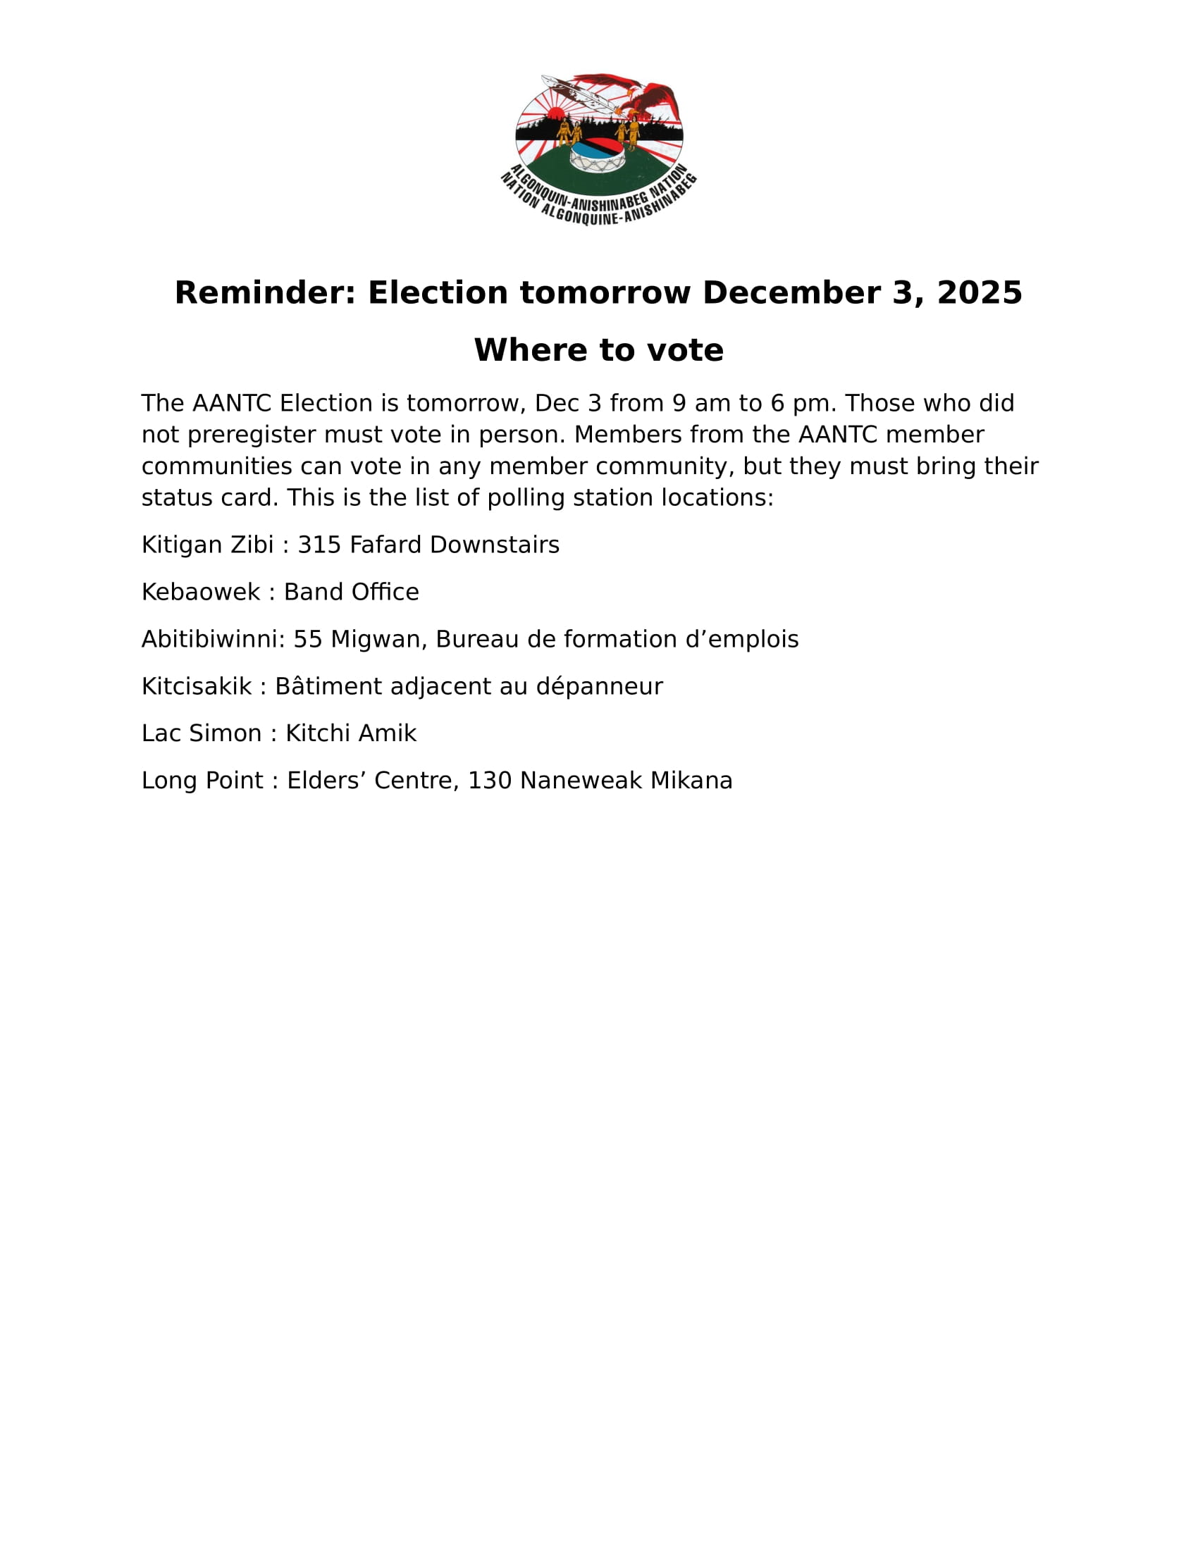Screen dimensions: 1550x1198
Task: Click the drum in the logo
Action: click(598, 156)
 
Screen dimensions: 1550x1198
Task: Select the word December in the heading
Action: click(791, 292)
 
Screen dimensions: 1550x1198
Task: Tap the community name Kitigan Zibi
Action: click(207, 545)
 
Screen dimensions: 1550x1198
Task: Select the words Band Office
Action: click(352, 592)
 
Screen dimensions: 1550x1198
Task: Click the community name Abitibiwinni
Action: click(211, 640)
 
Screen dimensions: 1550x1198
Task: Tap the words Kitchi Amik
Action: click(351, 733)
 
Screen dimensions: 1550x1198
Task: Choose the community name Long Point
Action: click(202, 781)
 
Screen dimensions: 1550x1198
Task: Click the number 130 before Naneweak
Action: click(490, 781)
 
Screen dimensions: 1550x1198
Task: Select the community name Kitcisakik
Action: click(197, 686)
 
